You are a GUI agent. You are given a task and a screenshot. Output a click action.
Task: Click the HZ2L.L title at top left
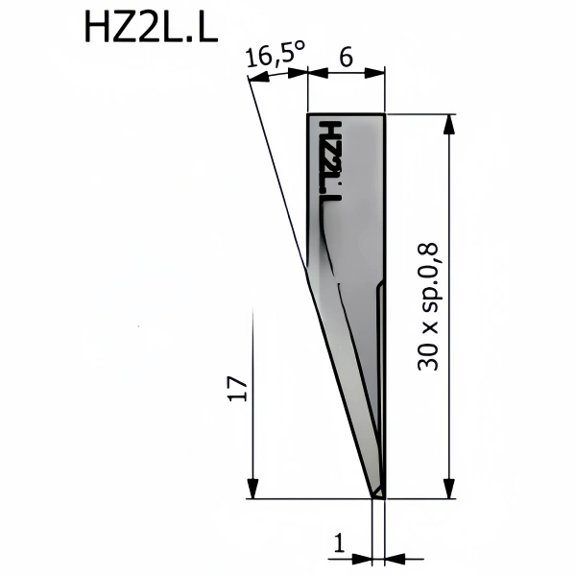click(x=151, y=27)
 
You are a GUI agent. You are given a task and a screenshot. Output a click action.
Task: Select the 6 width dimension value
click(x=346, y=58)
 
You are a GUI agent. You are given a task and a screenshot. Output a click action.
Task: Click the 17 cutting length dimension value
click(x=238, y=388)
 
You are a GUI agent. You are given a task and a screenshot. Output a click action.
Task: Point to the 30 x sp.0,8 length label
click(x=428, y=306)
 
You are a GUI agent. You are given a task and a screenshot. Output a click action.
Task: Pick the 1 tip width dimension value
click(x=340, y=543)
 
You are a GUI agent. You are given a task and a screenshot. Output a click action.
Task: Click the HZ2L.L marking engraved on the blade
click(x=330, y=160)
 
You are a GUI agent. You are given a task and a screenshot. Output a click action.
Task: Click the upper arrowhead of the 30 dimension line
click(x=449, y=124)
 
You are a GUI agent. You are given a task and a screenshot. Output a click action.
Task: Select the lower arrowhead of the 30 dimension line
click(x=449, y=489)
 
